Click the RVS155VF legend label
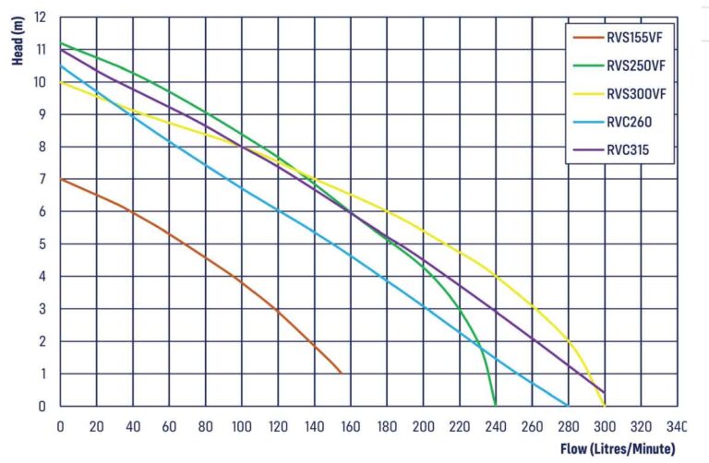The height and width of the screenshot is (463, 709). (634, 38)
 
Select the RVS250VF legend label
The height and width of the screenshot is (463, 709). (634, 65)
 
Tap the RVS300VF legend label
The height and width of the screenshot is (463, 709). (634, 93)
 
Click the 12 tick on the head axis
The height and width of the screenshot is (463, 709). (40, 17)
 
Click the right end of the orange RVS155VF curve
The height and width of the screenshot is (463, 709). (341, 373)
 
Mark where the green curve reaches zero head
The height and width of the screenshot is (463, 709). (496, 405)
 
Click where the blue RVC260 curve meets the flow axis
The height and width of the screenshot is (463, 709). (568, 405)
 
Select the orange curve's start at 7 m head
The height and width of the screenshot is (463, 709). (61, 179)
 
